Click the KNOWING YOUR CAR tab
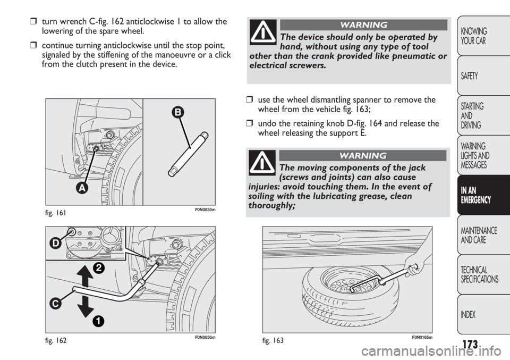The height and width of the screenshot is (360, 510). tap(483, 36)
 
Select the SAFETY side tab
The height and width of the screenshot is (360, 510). tap(483, 76)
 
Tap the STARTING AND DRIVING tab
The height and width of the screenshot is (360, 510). tap(483, 115)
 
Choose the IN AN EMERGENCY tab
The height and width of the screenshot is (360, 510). tap(483, 195)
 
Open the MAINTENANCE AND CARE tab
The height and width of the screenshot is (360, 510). tap(483, 235)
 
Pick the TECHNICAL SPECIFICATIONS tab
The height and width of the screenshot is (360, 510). tap(483, 275)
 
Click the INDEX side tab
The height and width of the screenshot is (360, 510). tap(483, 314)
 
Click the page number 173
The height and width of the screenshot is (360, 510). tap(469, 344)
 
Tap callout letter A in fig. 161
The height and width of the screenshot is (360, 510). tap(82, 188)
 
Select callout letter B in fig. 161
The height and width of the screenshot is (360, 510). tap(178, 113)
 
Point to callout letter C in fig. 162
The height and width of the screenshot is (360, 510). tap(56, 304)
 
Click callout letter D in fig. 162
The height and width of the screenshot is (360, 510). tap(56, 244)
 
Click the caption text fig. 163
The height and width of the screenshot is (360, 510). tap(273, 341)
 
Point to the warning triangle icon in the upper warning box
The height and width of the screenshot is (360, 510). tap(263, 32)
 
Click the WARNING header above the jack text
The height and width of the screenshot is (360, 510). tap(363, 156)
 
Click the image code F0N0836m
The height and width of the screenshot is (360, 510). tap(205, 338)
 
